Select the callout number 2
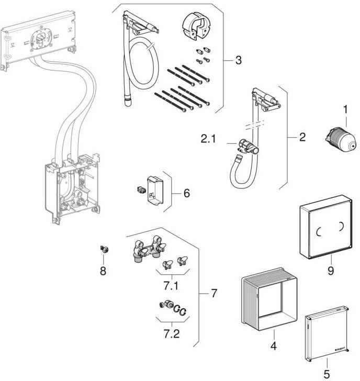point(302,138)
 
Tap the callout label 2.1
point(208,140)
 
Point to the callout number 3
point(238,60)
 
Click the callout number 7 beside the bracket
point(213,294)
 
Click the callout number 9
point(330,271)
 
